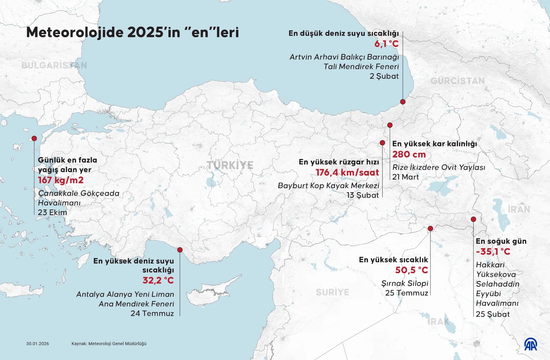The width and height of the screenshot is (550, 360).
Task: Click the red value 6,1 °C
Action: (386, 44)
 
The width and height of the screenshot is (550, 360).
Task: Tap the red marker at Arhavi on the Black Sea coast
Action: (403, 102)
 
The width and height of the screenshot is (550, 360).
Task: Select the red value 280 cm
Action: (409, 154)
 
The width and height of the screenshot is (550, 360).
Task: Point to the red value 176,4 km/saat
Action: (347, 172)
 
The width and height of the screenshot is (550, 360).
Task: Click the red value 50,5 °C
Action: (411, 270)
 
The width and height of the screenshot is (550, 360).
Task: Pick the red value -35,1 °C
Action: (493, 252)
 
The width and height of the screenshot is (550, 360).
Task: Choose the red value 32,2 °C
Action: (158, 280)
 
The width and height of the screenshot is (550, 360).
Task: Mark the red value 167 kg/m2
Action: (61, 180)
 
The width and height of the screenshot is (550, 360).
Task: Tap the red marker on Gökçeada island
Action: (34, 139)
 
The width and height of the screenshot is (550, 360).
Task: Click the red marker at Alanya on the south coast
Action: (180, 250)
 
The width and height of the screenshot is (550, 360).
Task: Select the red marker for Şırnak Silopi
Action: (430, 229)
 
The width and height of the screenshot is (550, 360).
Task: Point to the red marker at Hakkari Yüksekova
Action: (473, 219)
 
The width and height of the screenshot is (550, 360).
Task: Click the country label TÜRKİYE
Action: (230, 165)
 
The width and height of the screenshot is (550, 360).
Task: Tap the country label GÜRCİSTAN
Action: (457, 81)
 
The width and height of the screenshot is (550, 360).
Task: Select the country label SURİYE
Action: (332, 292)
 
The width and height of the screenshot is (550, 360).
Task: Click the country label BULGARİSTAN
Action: (54, 66)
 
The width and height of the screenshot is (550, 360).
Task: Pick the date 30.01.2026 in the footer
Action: (38, 344)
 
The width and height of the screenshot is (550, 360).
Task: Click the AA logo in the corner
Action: (531, 345)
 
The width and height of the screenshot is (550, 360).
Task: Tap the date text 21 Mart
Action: (405, 177)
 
